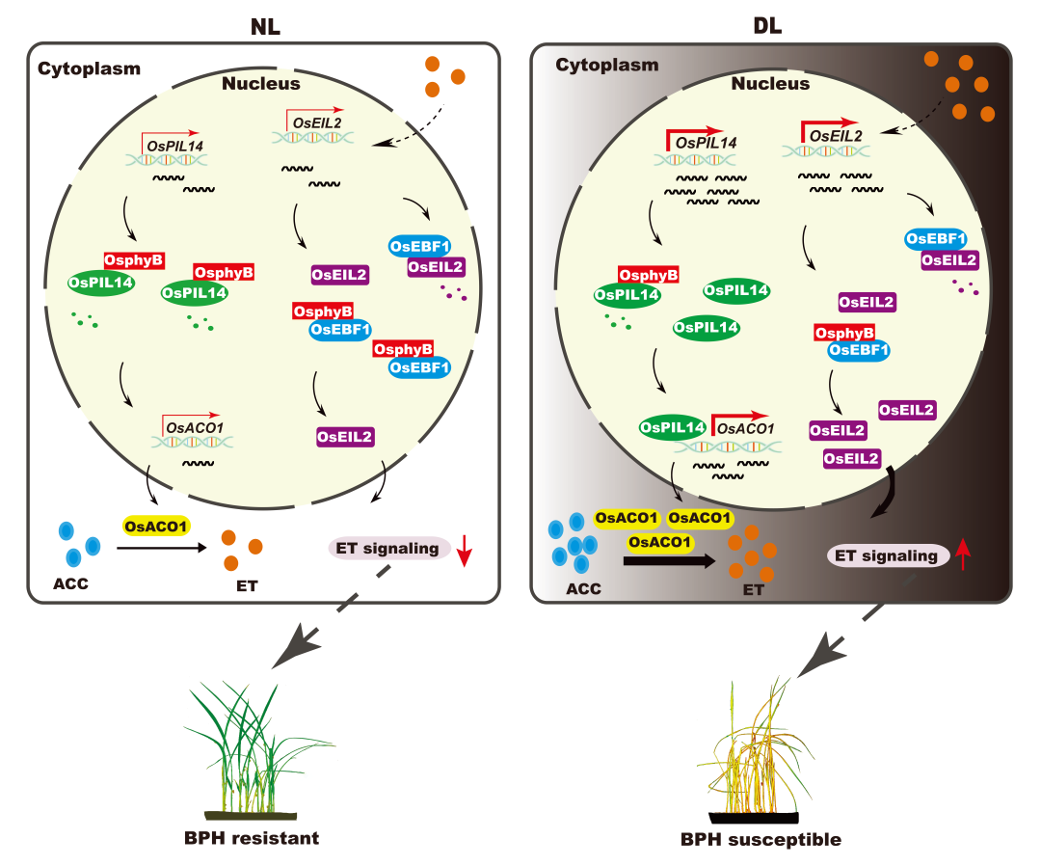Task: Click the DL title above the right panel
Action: tap(767, 26)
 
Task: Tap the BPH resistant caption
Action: tap(252, 837)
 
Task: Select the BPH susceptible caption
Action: tap(761, 839)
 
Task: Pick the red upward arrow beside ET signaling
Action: tap(964, 556)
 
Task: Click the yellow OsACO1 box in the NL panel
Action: tap(155, 526)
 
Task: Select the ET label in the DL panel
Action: tap(753, 589)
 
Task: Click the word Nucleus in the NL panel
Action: tap(261, 83)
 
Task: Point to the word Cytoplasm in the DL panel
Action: tap(607, 66)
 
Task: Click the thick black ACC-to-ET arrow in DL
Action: tap(671, 560)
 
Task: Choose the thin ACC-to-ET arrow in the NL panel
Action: tap(162, 548)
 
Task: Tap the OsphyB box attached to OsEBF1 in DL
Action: tap(845, 333)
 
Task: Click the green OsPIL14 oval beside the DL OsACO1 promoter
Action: tap(673, 425)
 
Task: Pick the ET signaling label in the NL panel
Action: tap(387, 549)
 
